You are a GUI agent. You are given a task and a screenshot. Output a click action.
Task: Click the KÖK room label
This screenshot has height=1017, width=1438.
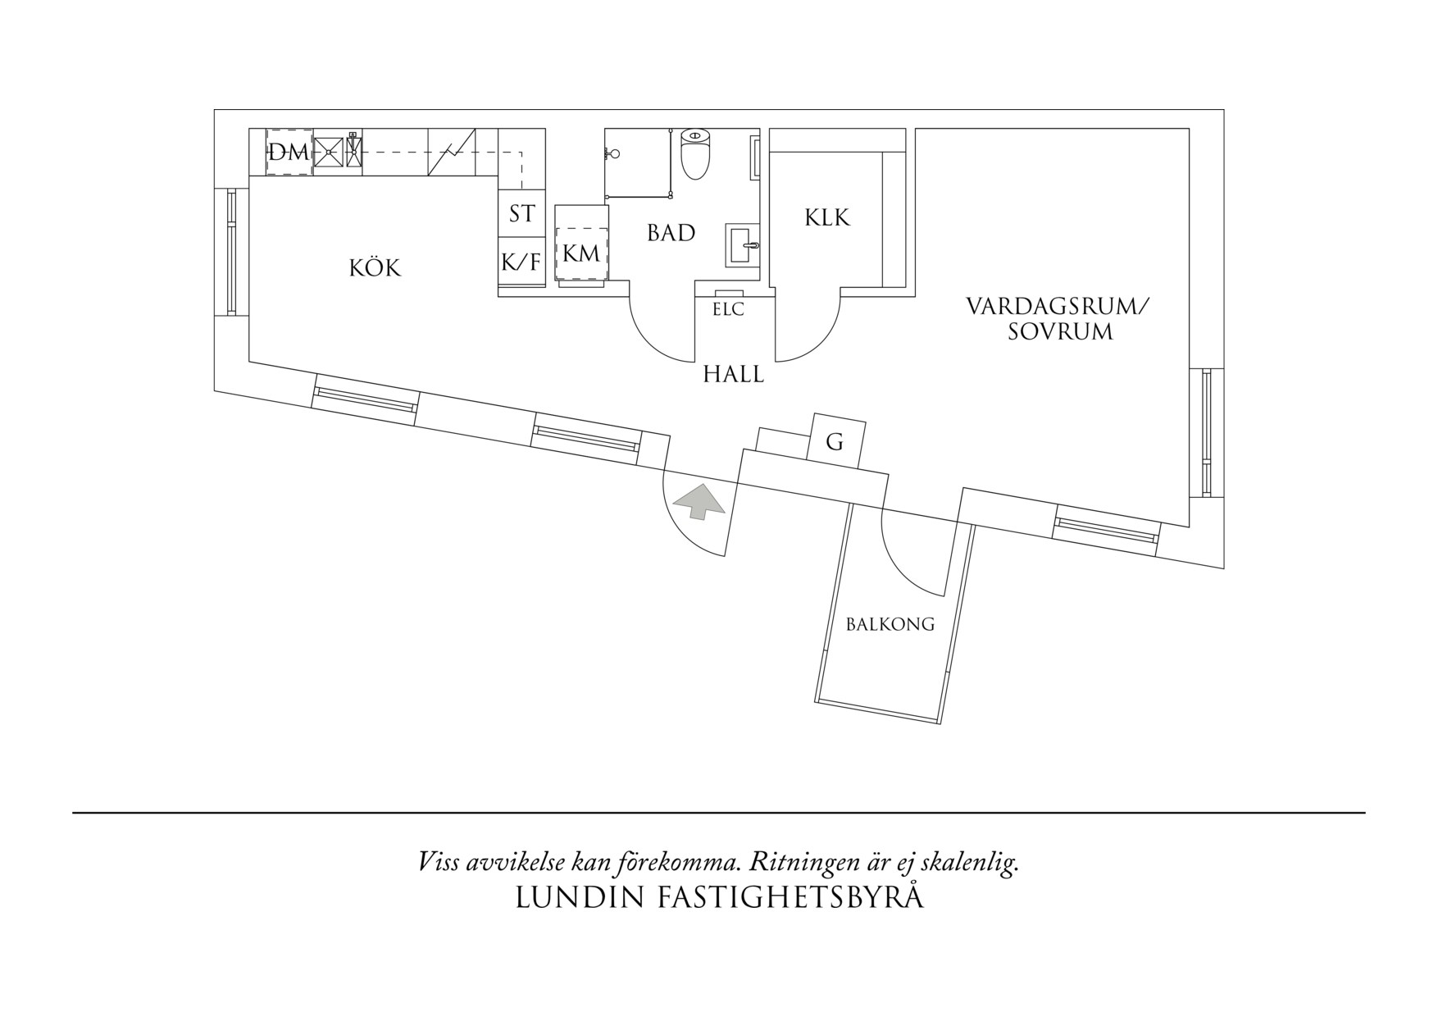[375, 267]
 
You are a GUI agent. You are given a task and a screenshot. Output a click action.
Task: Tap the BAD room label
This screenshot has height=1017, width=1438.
[671, 233]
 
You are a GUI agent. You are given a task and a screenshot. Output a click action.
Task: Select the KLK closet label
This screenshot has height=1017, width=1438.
[827, 217]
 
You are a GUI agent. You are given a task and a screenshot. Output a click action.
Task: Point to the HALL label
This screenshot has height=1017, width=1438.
[733, 375]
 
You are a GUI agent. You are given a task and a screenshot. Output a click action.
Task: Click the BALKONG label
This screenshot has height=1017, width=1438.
[890, 624]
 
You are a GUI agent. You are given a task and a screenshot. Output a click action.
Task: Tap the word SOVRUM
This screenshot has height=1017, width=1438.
[1060, 332]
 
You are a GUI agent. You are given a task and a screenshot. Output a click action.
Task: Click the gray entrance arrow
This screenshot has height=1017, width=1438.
[698, 501]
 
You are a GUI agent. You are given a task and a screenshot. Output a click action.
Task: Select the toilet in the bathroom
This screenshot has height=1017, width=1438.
[695, 153]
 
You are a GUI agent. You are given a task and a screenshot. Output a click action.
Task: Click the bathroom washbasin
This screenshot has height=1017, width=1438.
[744, 245]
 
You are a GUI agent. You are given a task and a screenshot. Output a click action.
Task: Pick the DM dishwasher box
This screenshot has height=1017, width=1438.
[289, 152]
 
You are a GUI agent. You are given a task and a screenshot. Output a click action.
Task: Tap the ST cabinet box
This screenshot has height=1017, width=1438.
[522, 213]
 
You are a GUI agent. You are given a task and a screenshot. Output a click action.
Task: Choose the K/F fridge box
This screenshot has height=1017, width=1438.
[522, 262]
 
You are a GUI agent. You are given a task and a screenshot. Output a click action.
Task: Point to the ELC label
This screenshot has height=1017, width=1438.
[728, 310]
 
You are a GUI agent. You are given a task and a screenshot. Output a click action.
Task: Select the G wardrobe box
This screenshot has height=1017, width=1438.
[836, 441]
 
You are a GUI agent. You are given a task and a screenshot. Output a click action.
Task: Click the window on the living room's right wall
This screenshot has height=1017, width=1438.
[1206, 432]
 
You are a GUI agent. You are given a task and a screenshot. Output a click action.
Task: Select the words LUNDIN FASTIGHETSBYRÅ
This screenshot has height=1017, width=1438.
[719, 897]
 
